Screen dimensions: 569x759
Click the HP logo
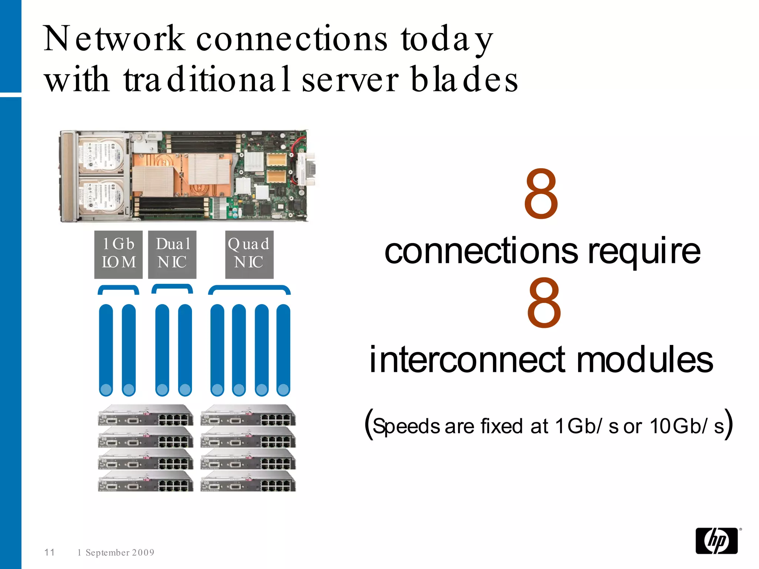pyautogui.click(x=716, y=541)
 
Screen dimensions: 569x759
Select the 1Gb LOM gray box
pyautogui.click(x=118, y=254)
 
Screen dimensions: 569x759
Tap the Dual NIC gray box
pyautogui.click(x=172, y=254)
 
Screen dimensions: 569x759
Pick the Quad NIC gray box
pyautogui.click(x=249, y=254)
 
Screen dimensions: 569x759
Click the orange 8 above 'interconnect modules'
pyautogui.click(x=544, y=303)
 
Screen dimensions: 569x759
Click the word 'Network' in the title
pyautogui.click(x=114, y=39)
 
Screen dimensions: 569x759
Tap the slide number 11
pyautogui.click(x=50, y=552)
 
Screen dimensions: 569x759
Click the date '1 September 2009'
pyautogui.click(x=116, y=552)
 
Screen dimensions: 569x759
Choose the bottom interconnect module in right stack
pyautogui.click(x=248, y=482)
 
